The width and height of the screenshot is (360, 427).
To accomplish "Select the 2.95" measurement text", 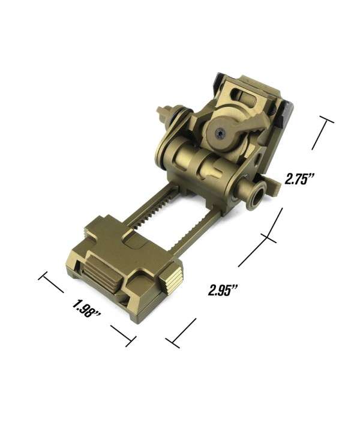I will (x=223, y=289).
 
